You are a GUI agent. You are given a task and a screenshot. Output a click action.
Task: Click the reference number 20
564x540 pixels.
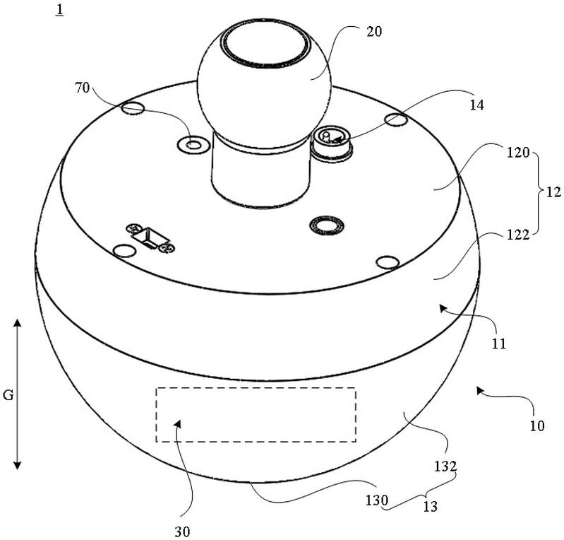[x=372, y=32]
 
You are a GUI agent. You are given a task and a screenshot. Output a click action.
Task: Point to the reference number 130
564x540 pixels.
[x=376, y=500]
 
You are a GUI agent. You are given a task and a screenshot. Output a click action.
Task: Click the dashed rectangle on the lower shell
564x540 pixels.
[x=256, y=415]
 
